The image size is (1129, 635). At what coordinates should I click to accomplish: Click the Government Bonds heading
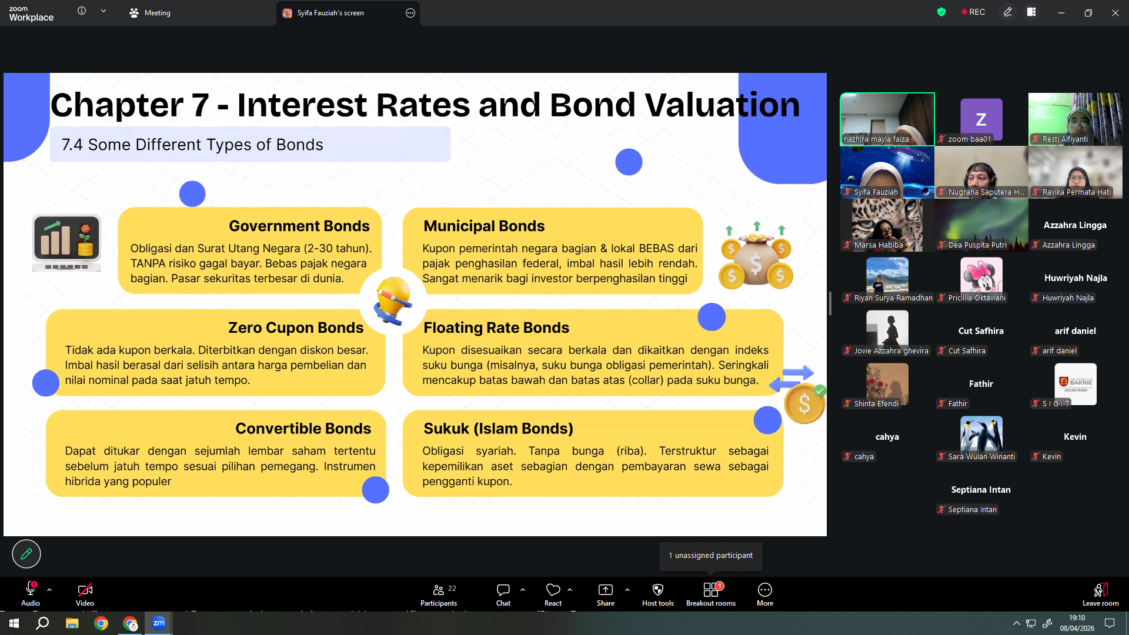click(x=299, y=226)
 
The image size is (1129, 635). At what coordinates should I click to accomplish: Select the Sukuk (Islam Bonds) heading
click(x=498, y=429)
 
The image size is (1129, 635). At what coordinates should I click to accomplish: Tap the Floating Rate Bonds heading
click(x=496, y=327)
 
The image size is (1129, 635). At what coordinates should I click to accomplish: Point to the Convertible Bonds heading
click(x=303, y=429)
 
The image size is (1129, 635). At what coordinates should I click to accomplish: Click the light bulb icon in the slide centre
click(x=393, y=300)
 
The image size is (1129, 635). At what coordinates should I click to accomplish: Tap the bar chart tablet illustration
click(x=66, y=242)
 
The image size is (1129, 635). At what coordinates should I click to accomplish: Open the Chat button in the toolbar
click(x=503, y=594)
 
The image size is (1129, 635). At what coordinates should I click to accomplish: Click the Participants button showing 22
click(x=439, y=594)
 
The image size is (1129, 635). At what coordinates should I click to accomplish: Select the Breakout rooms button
click(x=711, y=594)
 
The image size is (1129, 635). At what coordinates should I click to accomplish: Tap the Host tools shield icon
click(x=658, y=589)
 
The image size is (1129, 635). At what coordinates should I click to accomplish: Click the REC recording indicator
click(x=973, y=12)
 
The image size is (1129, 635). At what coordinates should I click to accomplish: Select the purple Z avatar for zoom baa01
click(x=981, y=119)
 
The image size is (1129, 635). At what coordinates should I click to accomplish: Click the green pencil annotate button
click(x=26, y=554)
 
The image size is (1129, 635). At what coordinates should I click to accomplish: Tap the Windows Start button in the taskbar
click(x=14, y=623)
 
